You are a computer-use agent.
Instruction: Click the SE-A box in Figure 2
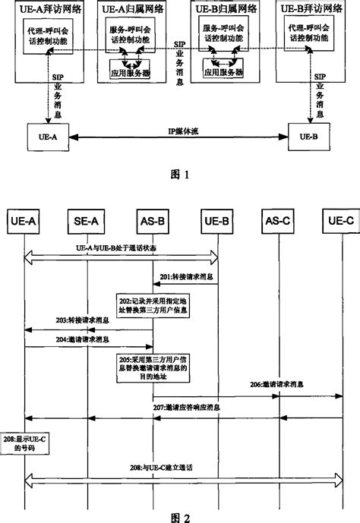86,220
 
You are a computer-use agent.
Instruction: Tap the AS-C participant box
275,220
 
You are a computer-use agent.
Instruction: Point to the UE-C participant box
339,220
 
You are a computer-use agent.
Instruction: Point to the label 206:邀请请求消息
273,386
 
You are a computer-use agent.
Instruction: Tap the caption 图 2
180,515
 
